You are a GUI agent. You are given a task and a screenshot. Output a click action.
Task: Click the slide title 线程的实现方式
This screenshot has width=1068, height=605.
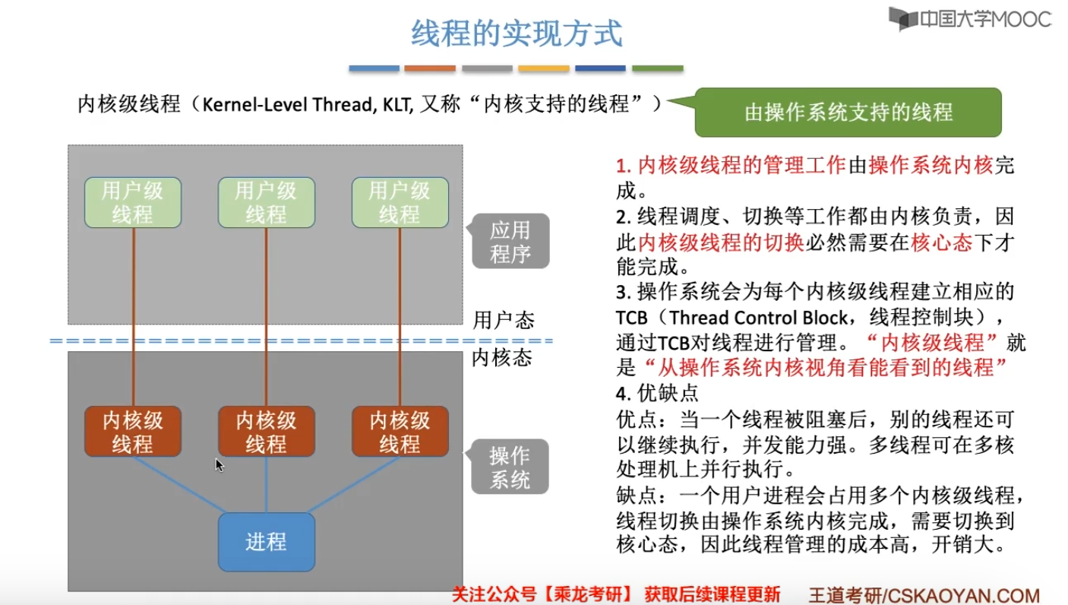coord(517,34)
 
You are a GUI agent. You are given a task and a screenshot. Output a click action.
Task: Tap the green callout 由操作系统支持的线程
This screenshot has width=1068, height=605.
coord(848,113)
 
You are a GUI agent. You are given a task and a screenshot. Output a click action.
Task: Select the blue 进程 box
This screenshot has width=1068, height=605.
coord(266,542)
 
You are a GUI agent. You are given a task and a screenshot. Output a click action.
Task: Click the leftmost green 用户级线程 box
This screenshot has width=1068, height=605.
coord(133,203)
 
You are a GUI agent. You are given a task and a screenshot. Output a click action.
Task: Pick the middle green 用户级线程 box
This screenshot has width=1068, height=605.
coord(266,203)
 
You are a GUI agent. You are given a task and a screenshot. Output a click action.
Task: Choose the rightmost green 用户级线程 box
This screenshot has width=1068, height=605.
coord(400,203)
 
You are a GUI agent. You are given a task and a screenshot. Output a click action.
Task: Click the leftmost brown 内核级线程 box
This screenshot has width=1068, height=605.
coord(133,432)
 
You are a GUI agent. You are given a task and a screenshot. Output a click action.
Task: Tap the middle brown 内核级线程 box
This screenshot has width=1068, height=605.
coord(266,432)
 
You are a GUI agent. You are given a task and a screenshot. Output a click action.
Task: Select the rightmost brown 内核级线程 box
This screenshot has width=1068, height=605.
coord(400,432)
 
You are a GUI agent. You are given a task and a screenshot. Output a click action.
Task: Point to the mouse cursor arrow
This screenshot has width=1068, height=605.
coord(219,464)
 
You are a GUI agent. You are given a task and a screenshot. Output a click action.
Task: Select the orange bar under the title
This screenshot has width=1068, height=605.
coord(430,68)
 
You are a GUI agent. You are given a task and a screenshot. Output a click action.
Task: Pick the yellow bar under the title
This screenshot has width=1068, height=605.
coord(544,68)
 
